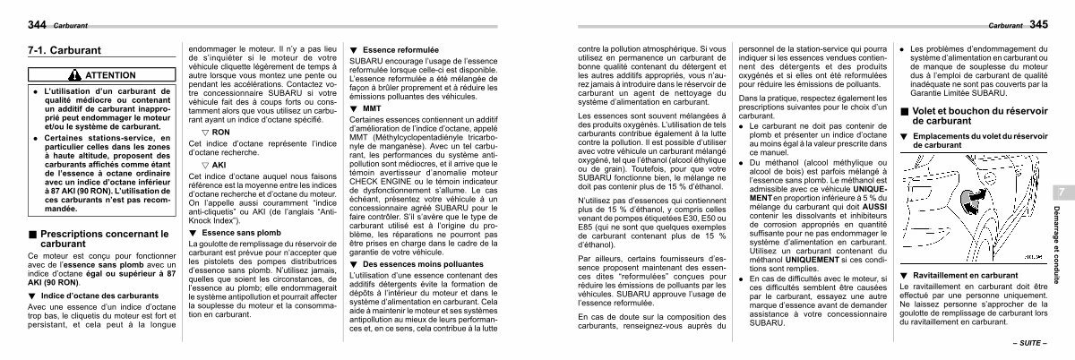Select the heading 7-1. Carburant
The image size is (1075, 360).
pyautogui.click(x=65, y=51)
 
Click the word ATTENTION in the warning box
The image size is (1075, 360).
pyautogui.click(x=112, y=75)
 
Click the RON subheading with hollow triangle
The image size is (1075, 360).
pyautogui.click(x=218, y=130)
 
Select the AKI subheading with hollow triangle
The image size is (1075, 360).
pyautogui.click(x=217, y=165)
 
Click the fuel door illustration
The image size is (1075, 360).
pyautogui.click(x=972, y=197)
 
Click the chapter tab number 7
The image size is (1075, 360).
pyautogui.click(x=1059, y=193)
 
